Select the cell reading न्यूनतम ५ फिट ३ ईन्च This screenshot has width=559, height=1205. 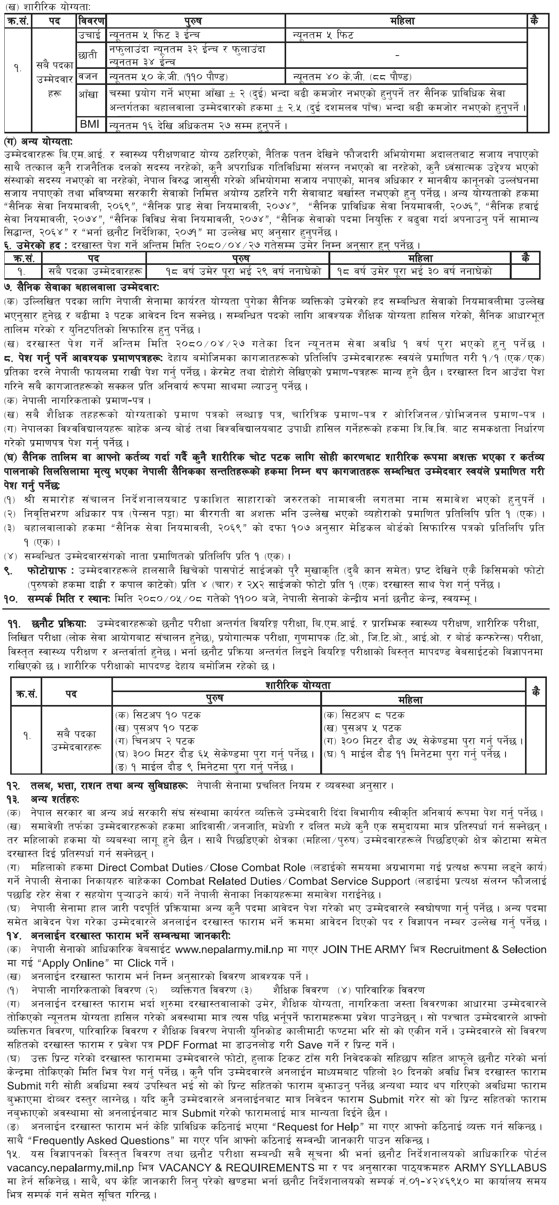coord(154,34)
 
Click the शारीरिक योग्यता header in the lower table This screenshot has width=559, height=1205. coord(321,685)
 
